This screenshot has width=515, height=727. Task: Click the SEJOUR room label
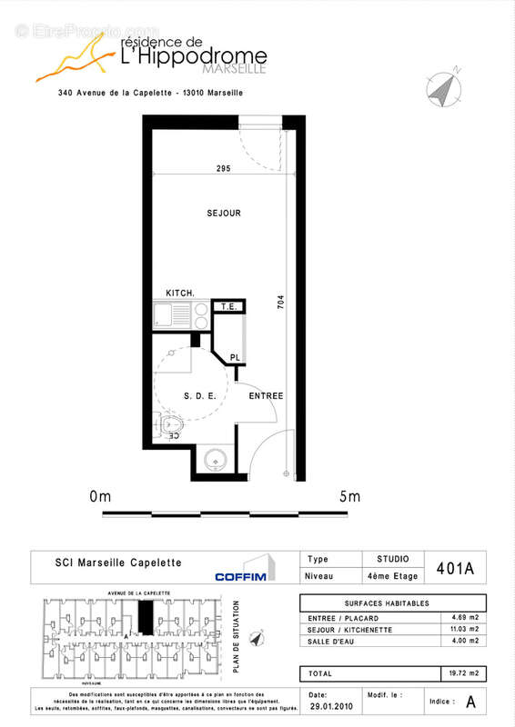coord(223,214)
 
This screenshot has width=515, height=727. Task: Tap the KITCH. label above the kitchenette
coord(179,293)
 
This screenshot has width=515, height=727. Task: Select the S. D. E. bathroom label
coord(199,396)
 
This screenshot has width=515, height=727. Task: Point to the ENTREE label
coord(267,396)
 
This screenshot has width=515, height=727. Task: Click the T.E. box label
coord(228,307)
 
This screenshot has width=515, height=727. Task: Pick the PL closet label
coord(235,357)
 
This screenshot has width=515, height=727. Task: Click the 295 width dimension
coord(223,169)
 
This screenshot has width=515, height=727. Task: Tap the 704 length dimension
coord(281,303)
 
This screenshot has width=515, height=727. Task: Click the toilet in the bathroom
coord(173,424)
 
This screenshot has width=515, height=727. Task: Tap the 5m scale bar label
coord(348,496)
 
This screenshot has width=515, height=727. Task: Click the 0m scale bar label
coord(100,496)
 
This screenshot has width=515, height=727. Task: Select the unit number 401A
coord(456,570)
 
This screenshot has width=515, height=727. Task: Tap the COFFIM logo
coord(240,575)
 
